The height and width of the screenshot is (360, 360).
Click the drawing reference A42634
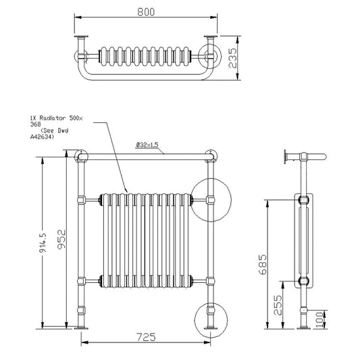42,138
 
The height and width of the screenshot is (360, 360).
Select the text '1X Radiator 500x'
57,118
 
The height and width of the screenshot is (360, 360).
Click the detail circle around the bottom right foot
211,320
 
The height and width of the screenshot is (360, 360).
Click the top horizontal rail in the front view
148,157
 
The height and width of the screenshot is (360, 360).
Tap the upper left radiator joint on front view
99,199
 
